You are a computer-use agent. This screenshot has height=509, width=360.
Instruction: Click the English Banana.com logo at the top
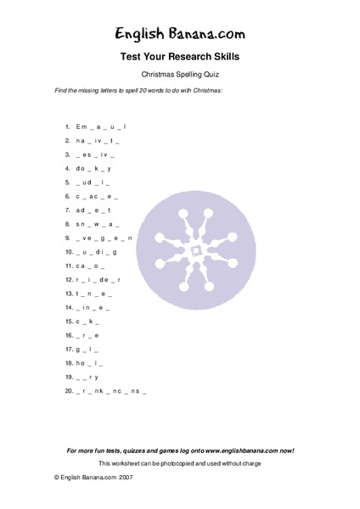tap(180, 34)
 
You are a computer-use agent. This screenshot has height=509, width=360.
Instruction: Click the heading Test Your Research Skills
tap(180, 58)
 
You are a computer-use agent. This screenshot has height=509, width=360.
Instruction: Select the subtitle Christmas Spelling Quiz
tap(180, 76)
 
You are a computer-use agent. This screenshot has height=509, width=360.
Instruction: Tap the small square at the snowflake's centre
tap(194, 249)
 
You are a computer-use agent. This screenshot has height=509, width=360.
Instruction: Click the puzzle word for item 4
tap(92, 169)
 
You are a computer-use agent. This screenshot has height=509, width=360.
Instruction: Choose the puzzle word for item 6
tap(93, 196)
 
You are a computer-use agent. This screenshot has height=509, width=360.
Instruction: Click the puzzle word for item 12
tap(98, 279)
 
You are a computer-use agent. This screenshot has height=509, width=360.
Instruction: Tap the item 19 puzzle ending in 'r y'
tap(87, 376)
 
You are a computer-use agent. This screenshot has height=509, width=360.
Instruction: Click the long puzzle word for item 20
tap(110, 390)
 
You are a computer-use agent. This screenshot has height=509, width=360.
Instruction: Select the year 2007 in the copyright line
tap(127, 478)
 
